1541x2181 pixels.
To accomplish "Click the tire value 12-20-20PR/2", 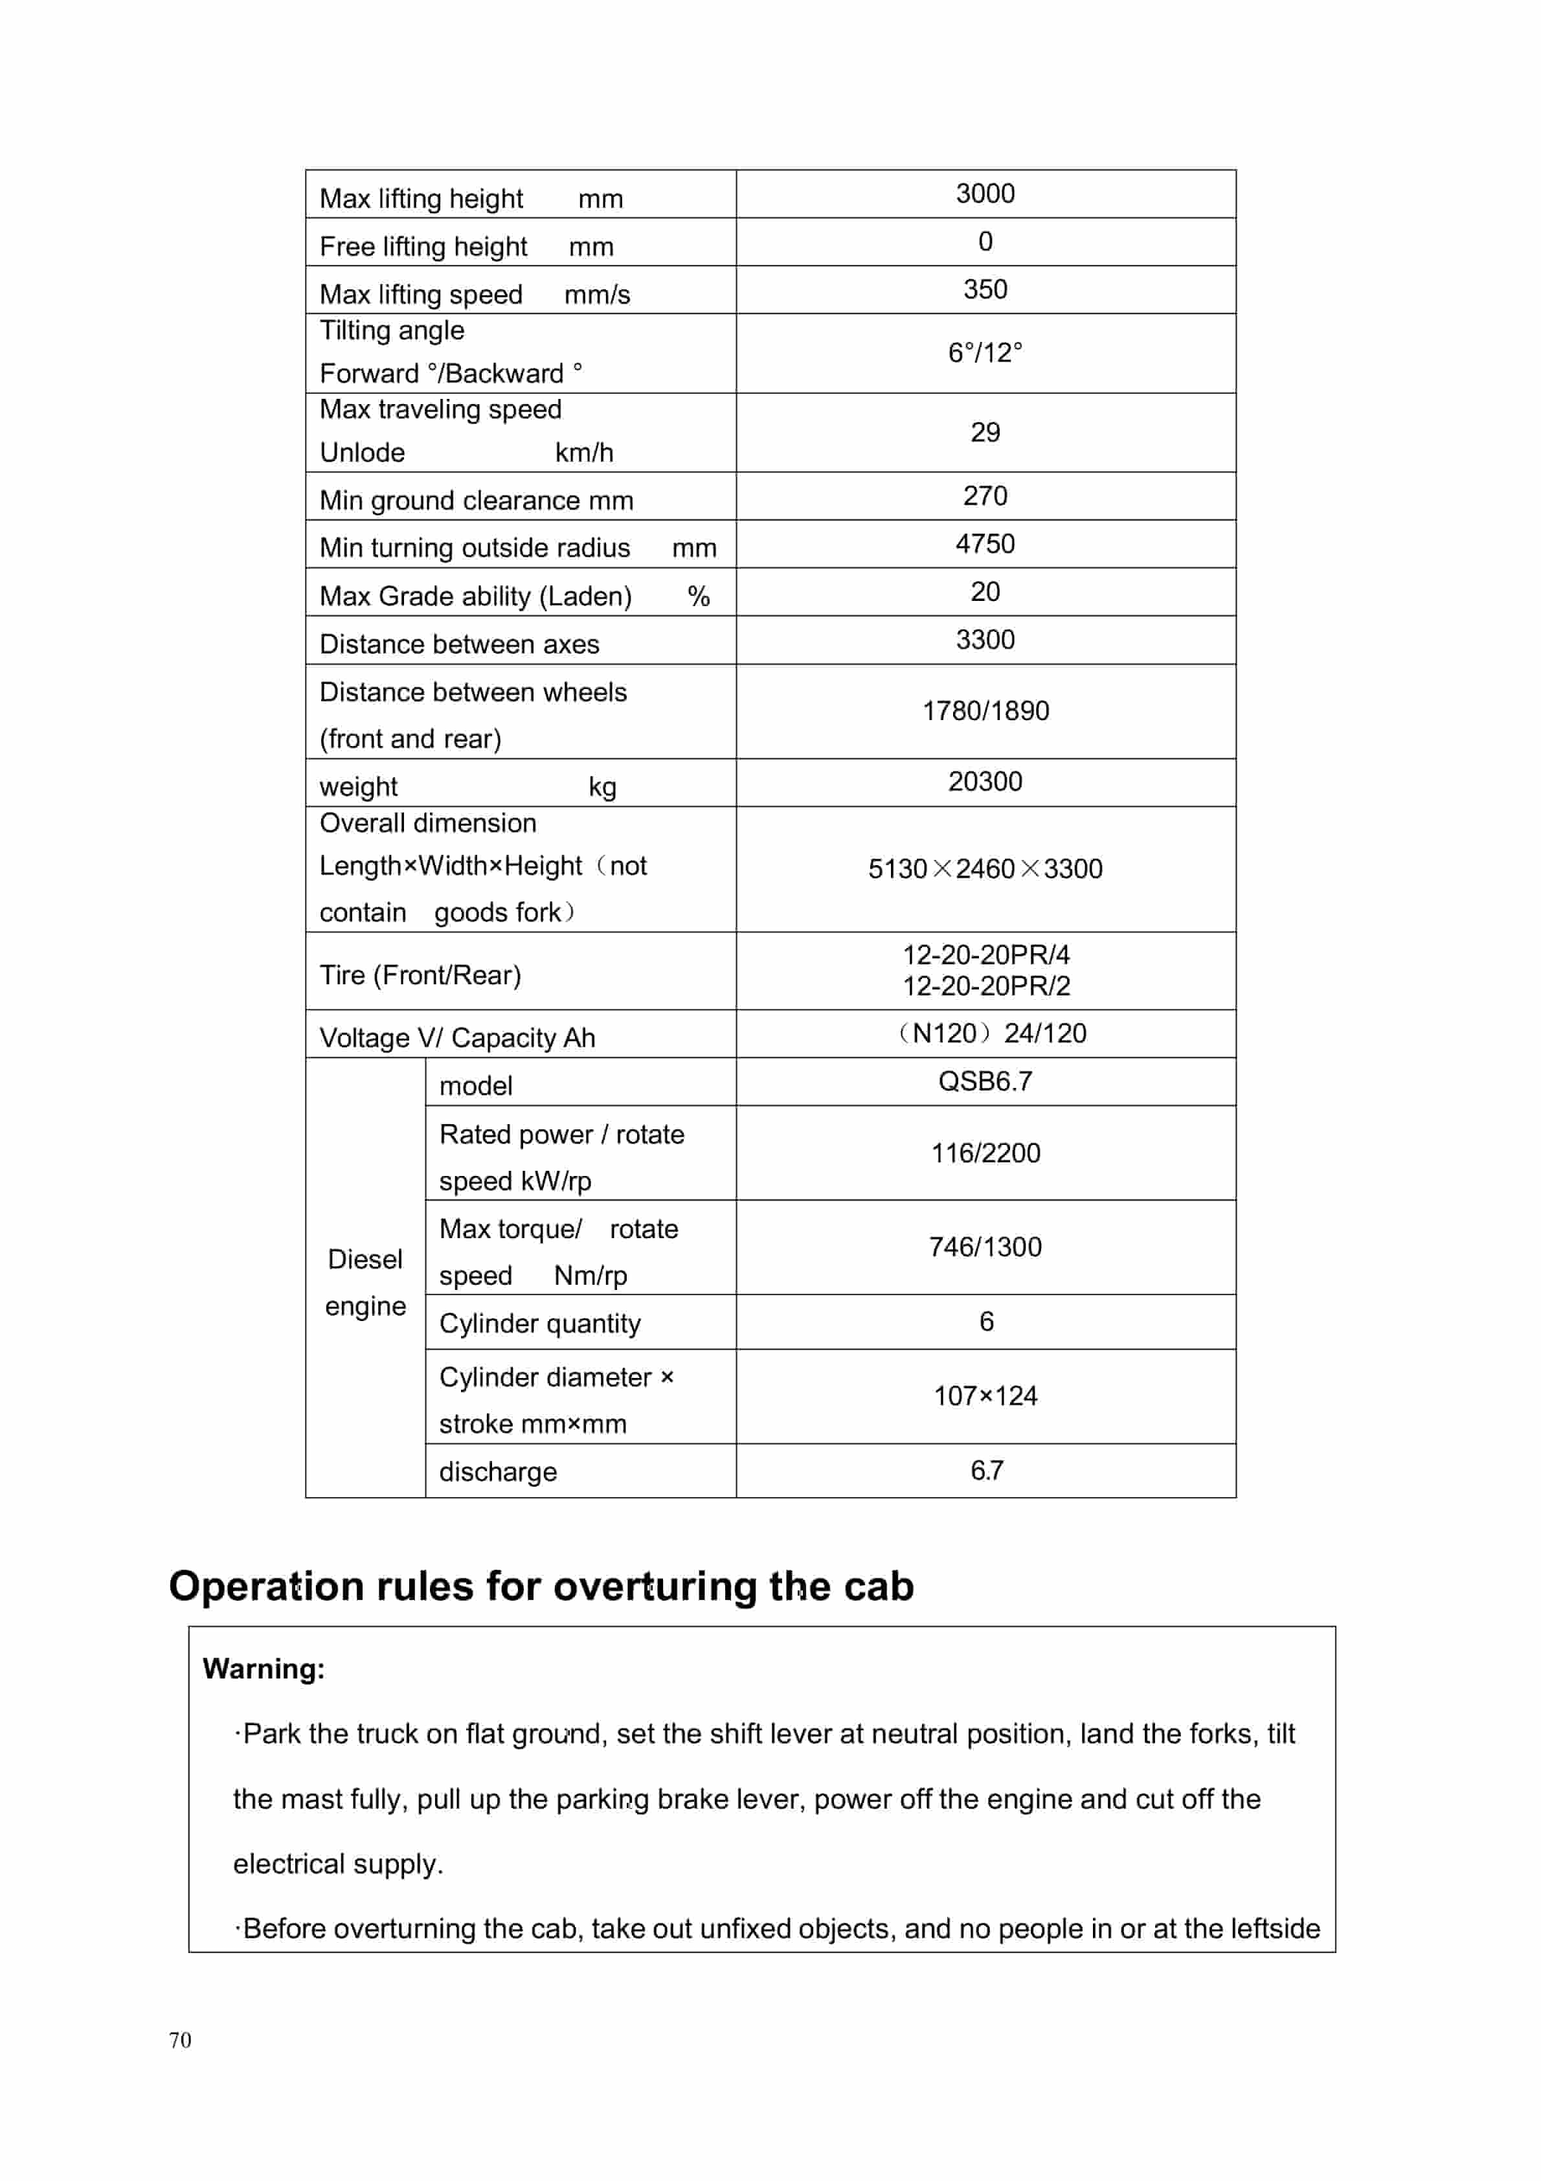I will tap(985, 987).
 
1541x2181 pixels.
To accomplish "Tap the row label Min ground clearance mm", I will tap(476, 501).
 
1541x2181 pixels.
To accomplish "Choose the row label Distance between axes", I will tap(459, 645).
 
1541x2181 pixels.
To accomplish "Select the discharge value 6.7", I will tap(986, 1471).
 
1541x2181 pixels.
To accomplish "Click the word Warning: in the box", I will tap(263, 1669).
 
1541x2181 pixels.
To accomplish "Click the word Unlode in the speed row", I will tap(362, 453).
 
